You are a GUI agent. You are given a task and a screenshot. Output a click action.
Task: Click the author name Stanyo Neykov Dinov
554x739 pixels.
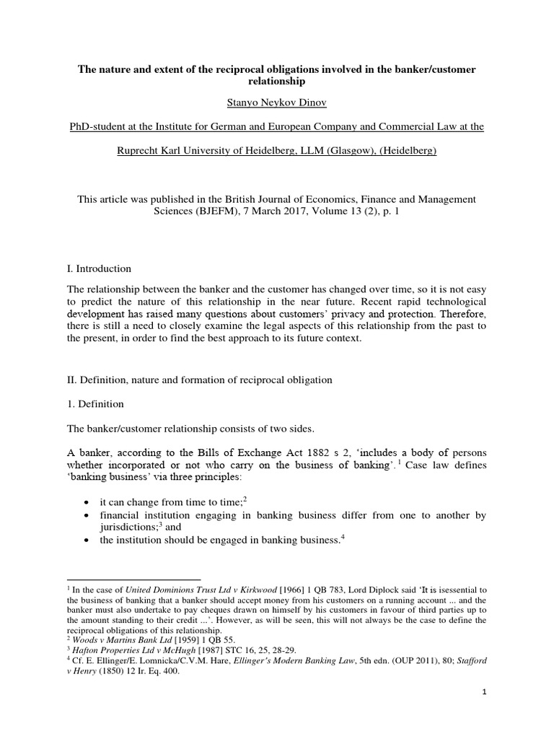tap(276, 102)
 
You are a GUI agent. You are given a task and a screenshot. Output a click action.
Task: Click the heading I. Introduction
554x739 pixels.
tap(98, 268)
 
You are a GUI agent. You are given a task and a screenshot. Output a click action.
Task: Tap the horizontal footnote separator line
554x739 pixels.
tap(133, 579)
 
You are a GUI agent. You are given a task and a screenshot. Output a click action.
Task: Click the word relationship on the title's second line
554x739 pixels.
tap(277, 82)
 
